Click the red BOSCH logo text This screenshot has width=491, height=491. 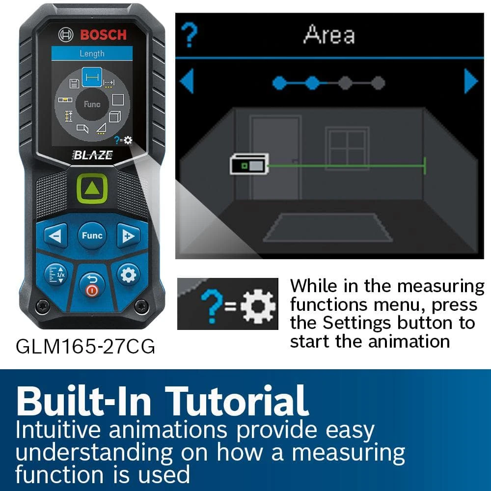click(103, 35)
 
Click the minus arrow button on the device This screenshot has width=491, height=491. click(56, 236)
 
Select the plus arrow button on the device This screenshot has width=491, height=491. click(128, 236)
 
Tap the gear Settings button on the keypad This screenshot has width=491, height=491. click(128, 275)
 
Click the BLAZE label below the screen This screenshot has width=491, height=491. click(93, 155)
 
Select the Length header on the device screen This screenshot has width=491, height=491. click(92, 53)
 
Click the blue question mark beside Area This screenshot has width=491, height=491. click(189, 35)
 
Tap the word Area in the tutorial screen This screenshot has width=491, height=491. click(329, 34)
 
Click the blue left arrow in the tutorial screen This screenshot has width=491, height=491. click(187, 81)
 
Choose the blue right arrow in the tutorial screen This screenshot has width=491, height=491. click(471, 81)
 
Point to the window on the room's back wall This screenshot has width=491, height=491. click(347, 148)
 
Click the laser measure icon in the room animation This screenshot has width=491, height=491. click(249, 164)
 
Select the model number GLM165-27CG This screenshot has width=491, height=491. click(85, 347)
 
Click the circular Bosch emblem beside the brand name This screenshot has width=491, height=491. click(66, 34)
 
